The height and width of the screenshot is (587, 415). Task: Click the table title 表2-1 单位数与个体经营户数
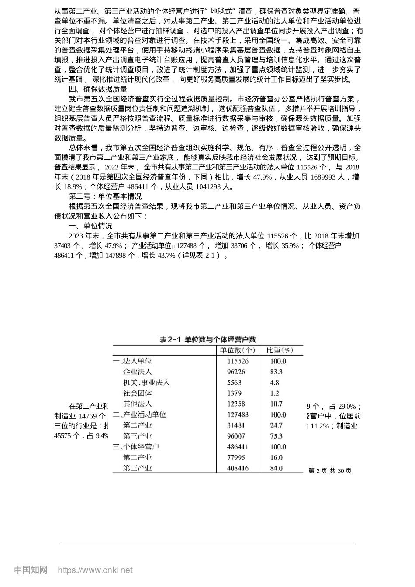pyautogui.click(x=207, y=339)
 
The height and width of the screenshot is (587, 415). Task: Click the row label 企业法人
pyautogui.click(x=137, y=372)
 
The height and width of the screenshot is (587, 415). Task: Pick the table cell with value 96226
pyautogui.click(x=236, y=372)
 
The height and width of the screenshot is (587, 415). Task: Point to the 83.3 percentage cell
pyautogui.click(x=277, y=372)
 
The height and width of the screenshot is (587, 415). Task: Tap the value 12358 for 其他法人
pyautogui.click(x=236, y=404)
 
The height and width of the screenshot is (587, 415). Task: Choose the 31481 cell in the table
pyautogui.click(x=236, y=425)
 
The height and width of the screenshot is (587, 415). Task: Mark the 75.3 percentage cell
pyautogui.click(x=277, y=436)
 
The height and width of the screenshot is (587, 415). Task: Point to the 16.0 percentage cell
pyautogui.click(x=277, y=458)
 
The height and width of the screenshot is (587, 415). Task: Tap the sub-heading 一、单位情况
pyautogui.click(x=91, y=226)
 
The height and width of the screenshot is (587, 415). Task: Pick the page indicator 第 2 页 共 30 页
pyautogui.click(x=330, y=470)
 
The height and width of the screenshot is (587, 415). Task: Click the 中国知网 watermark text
pyautogui.click(x=31, y=570)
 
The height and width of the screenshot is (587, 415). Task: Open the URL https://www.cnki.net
pyautogui.click(x=95, y=570)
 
